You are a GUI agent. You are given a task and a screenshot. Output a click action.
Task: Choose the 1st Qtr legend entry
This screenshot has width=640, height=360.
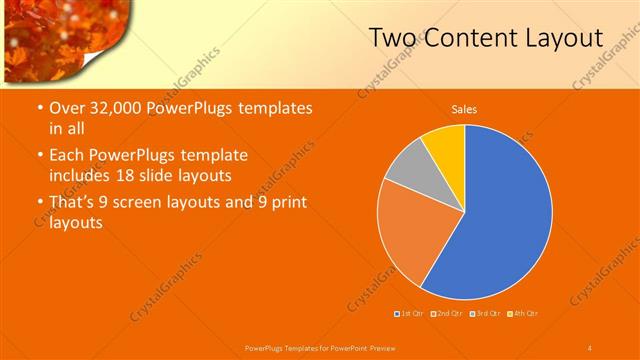[x=411, y=314]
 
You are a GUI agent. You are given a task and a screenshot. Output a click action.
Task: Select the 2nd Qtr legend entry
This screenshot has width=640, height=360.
[x=447, y=314]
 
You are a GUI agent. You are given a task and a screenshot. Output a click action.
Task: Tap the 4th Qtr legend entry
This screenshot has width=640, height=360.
[x=523, y=314]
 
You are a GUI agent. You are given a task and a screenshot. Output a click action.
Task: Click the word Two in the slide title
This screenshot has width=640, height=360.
[x=392, y=39]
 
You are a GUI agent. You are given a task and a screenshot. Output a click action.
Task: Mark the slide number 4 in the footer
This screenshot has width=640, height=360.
[x=589, y=347]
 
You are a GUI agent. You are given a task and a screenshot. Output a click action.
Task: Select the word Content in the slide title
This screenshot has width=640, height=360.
[x=470, y=39]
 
